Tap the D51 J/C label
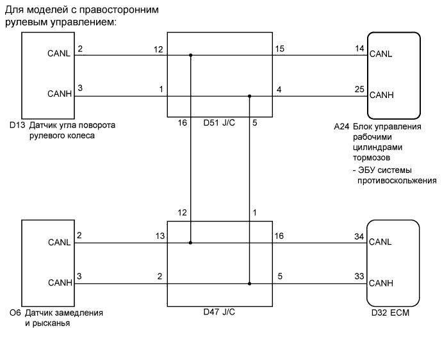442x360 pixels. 218,122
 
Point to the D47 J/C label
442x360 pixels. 218,313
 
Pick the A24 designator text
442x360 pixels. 342,127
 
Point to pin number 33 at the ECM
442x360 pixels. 359,277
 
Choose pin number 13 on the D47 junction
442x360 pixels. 160,237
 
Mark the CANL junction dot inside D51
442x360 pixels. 190,55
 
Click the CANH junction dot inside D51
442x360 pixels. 250,97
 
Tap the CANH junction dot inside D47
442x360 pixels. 250,283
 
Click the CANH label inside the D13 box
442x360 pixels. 60,94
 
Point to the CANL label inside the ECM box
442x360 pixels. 381,241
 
